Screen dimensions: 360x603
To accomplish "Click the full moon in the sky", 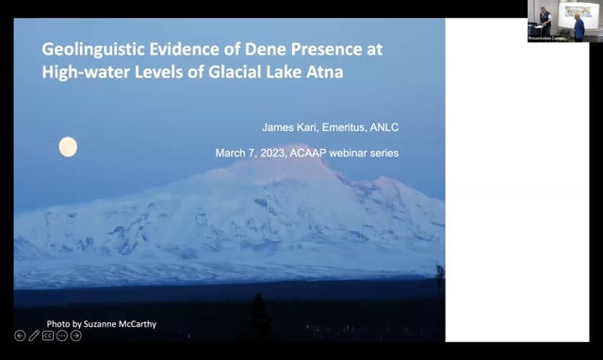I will (68, 146).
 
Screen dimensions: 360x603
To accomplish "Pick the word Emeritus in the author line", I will (343, 127).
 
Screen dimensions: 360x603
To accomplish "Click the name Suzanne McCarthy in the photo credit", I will (121, 324).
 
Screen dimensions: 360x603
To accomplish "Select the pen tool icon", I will (34, 335).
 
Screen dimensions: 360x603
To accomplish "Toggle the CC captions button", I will (48, 335).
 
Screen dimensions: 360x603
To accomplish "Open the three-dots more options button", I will (62, 335).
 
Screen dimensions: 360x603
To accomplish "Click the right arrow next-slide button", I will (76, 335).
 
